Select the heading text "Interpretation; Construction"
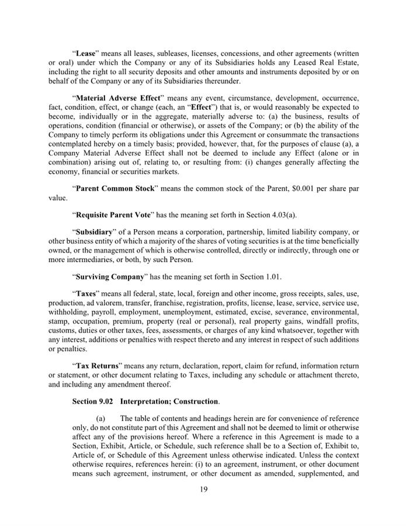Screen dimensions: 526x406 [169, 403]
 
